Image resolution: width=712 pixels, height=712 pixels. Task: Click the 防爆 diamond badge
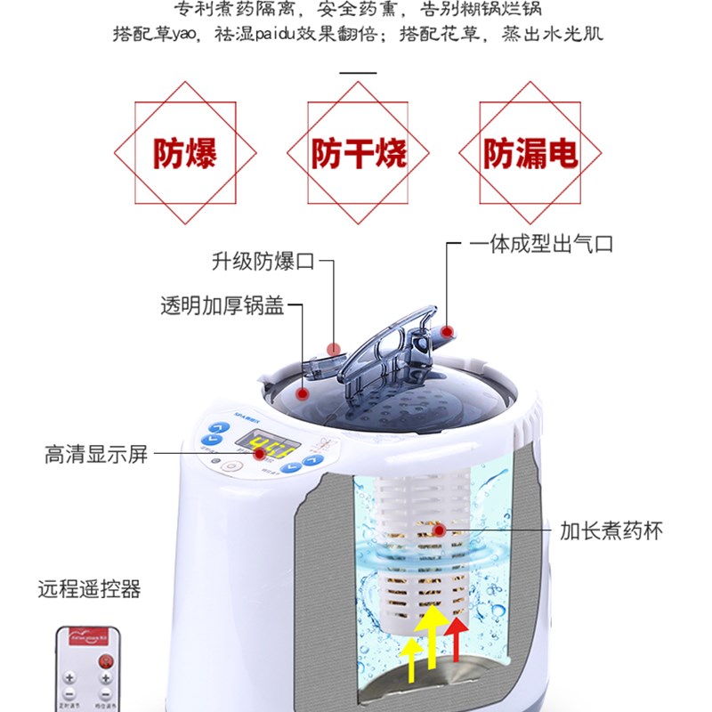[186, 153]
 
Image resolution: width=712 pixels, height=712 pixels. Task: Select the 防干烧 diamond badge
[358, 153]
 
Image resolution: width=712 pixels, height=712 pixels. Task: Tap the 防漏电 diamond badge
[530, 153]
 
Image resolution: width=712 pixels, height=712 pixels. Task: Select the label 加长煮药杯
[611, 531]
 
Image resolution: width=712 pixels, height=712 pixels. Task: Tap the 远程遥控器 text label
[89, 589]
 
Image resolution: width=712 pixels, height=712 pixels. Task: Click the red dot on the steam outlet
[447, 331]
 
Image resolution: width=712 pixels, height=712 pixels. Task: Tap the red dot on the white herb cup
[439, 531]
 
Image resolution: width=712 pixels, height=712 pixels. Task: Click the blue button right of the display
[312, 462]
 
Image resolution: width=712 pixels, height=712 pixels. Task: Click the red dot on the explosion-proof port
[334, 348]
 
